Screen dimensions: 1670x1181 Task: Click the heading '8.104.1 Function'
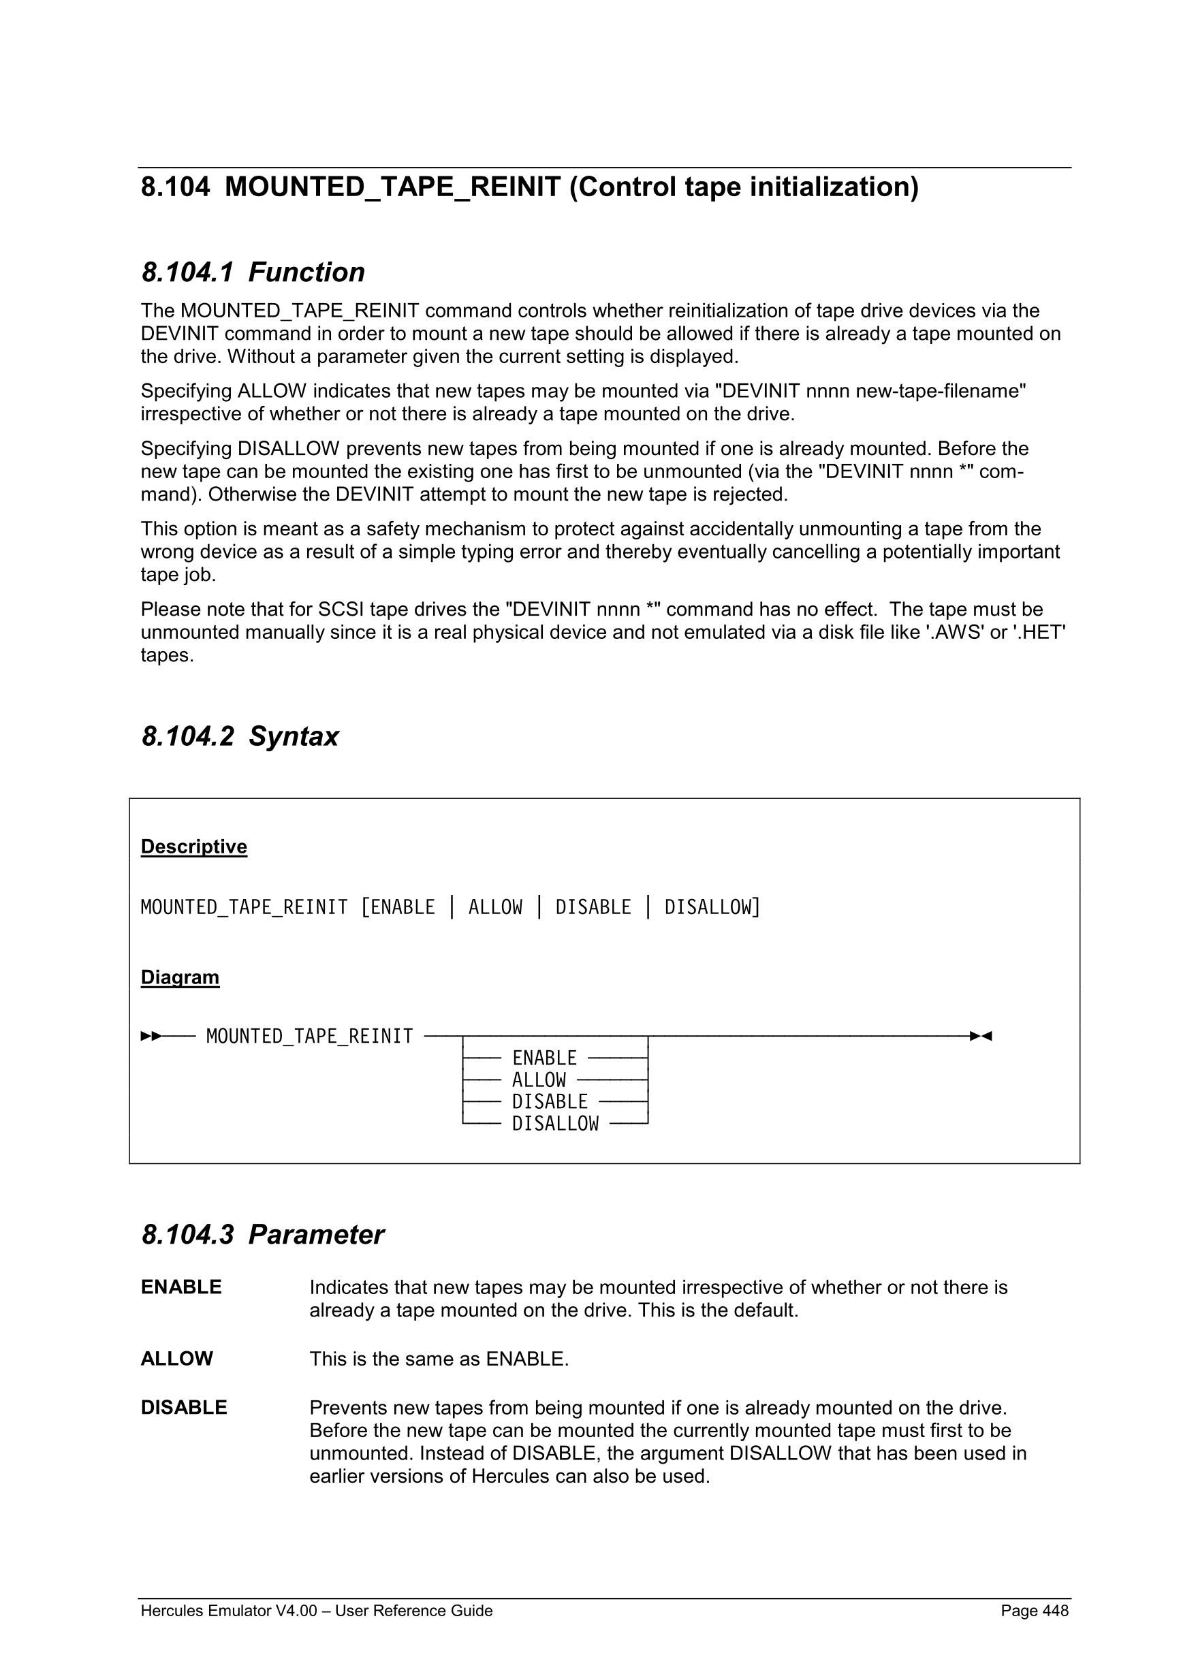coord(253,272)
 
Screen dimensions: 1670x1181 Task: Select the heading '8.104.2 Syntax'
coord(239,736)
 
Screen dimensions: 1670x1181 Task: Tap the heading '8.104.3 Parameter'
coord(262,1234)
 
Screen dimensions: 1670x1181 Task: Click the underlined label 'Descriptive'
coord(193,847)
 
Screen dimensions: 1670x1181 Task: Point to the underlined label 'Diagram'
coord(180,977)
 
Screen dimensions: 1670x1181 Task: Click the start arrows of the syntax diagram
coord(151,1036)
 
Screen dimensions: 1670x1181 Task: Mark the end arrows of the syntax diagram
coord(981,1036)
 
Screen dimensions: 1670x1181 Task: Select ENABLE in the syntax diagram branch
coord(544,1058)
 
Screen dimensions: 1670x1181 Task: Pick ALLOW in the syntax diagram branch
coord(539,1080)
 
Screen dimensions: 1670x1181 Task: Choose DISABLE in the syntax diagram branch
coord(550,1102)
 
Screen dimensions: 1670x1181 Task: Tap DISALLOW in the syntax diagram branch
coord(555,1124)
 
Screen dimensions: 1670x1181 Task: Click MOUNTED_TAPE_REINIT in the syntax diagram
coord(309,1036)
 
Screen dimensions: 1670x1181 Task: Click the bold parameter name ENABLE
coord(181,1287)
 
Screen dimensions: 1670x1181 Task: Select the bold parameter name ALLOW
coord(176,1359)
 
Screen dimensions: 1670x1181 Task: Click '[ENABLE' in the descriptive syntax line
coord(398,907)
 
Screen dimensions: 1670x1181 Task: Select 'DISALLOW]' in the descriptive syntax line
coord(712,907)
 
